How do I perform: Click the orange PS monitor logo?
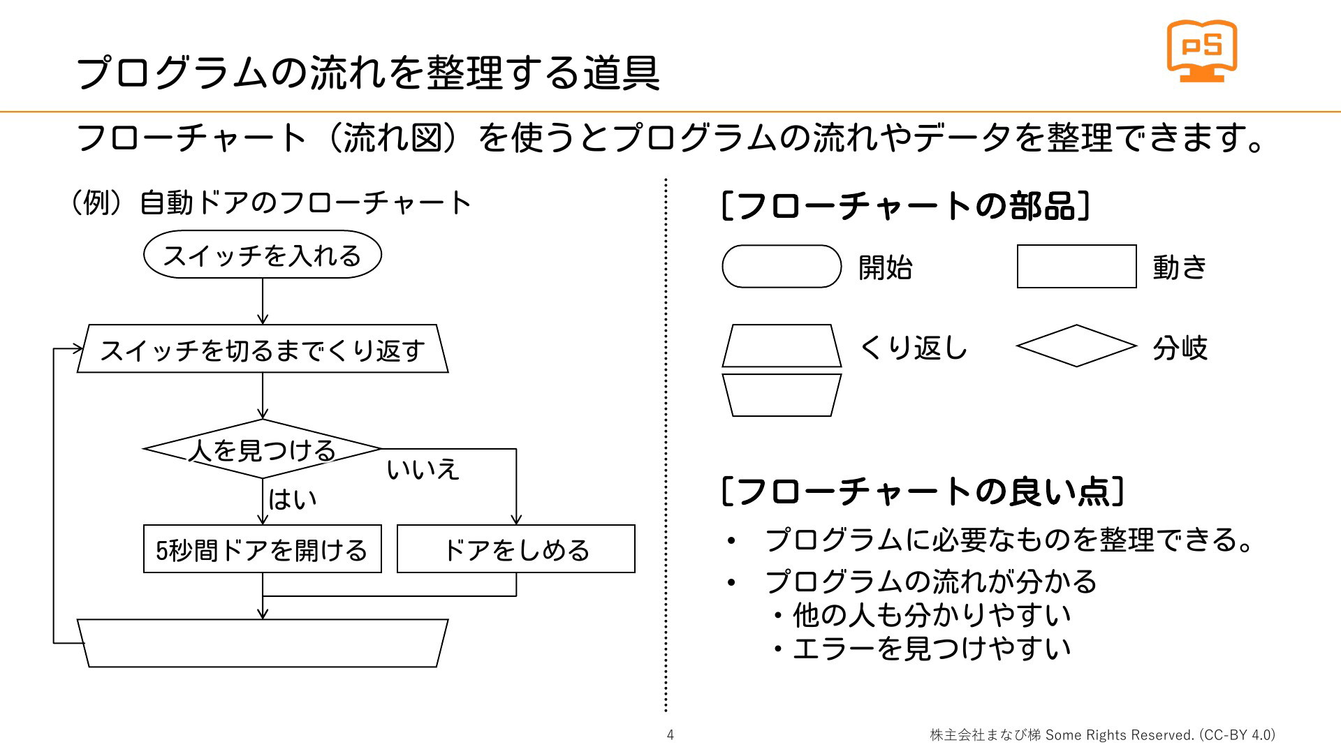tap(1201, 50)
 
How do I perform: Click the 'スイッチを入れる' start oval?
tap(263, 255)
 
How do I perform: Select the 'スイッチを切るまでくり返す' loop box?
tap(263, 349)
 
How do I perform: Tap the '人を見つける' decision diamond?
tap(263, 449)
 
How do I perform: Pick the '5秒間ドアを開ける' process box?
tap(263, 549)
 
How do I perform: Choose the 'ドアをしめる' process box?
tap(516, 549)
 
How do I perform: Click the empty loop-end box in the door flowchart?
tap(263, 643)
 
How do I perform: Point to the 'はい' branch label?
tap(292, 499)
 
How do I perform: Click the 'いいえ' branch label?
tap(423, 469)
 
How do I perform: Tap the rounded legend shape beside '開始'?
tap(782, 266)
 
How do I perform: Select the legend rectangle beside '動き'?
tap(1076, 266)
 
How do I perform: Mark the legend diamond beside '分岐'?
tap(1076, 346)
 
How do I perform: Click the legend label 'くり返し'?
tap(913, 347)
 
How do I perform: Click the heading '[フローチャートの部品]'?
tap(905, 207)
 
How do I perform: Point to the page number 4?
tap(670, 734)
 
